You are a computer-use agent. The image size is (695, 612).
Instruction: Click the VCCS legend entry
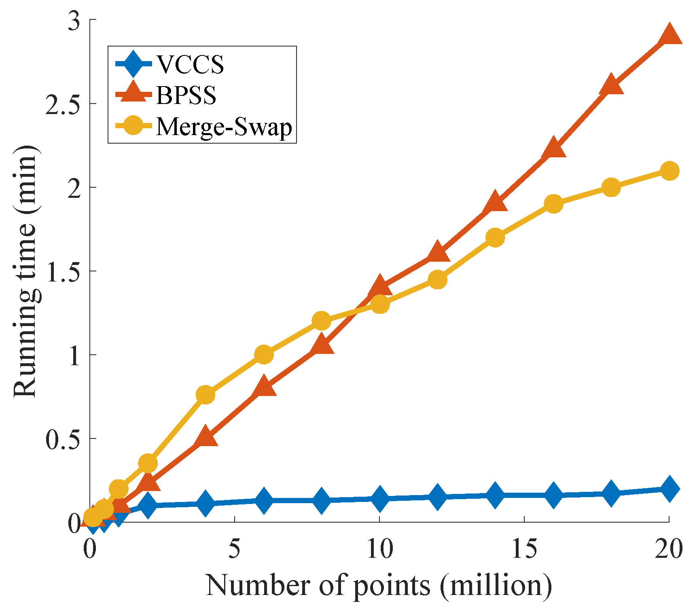point(190,64)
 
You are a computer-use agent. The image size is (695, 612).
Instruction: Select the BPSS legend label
point(186,95)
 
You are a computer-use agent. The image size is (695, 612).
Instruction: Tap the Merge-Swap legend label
point(224,127)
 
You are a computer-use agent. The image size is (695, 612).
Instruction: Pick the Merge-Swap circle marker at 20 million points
point(669,171)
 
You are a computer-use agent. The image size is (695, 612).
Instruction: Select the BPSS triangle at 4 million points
point(206,437)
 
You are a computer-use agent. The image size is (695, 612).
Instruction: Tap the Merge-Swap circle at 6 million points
point(264,355)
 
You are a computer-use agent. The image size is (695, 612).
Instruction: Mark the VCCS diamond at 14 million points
point(495,495)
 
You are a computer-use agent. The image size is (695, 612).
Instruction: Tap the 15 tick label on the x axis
point(524,549)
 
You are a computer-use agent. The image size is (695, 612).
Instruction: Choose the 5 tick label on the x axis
point(235,549)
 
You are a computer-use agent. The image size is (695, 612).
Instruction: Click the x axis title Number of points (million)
point(379,585)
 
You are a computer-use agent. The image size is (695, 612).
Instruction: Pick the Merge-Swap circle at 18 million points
point(611,187)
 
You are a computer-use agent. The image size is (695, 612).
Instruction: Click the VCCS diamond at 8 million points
point(322,500)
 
